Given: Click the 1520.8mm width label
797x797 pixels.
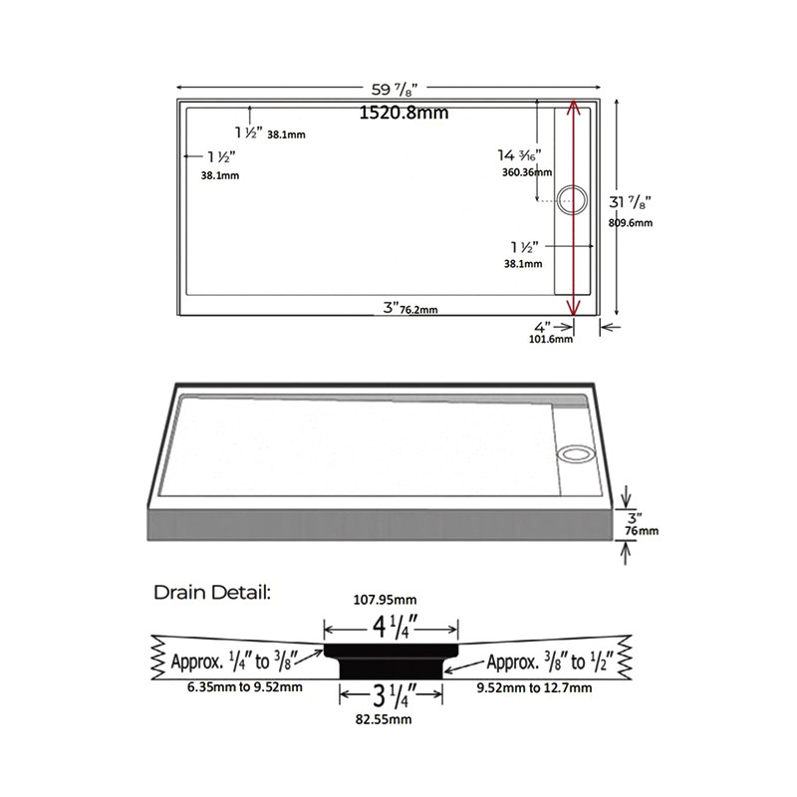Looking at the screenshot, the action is click(404, 113).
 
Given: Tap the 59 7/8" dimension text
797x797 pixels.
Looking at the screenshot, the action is click(395, 90).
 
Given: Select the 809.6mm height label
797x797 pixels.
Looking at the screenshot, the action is click(631, 222).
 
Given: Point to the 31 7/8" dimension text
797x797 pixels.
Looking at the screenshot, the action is click(631, 202).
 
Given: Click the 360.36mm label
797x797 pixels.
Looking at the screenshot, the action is click(527, 172).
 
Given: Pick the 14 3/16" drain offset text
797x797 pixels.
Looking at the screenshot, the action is click(519, 155).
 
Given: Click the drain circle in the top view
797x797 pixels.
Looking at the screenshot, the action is click(572, 200).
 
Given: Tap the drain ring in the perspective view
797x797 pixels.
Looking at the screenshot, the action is click(575, 454).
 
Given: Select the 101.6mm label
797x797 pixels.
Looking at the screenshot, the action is click(551, 339).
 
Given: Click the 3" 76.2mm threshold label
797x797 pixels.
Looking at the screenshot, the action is click(410, 308).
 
